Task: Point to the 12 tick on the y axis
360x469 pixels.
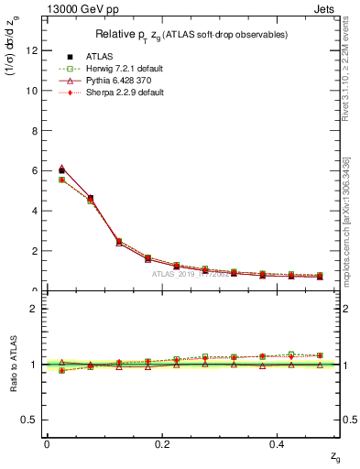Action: click(x=32, y=51)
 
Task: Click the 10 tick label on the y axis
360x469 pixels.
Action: click(x=32, y=91)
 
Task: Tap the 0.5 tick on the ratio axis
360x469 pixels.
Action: click(x=30, y=420)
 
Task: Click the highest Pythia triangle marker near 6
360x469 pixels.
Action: click(x=61, y=169)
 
